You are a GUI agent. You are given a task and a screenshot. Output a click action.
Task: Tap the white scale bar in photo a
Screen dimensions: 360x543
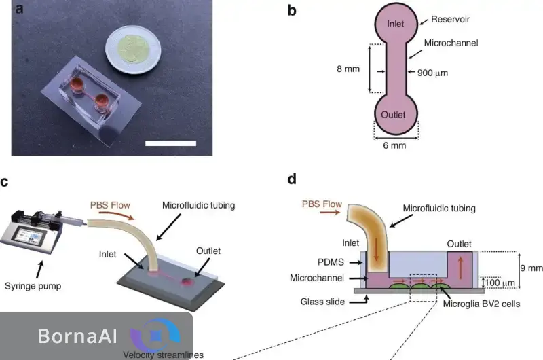[170, 143]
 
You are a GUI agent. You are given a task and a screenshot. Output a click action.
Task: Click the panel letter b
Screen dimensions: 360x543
[292, 11]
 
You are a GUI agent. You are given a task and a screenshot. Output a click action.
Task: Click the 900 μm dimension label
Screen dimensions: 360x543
[434, 73]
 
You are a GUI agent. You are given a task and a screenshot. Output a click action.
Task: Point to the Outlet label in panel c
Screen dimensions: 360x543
[210, 250]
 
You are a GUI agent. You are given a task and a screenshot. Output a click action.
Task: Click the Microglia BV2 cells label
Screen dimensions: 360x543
[481, 304]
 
